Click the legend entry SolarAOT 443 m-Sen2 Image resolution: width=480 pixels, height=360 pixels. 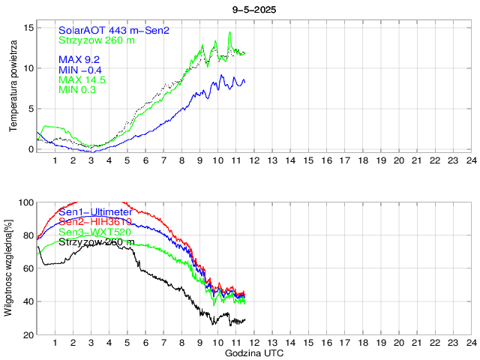pyautogui.click(x=113, y=30)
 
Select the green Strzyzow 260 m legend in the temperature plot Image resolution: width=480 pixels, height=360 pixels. pyautogui.click(x=97, y=40)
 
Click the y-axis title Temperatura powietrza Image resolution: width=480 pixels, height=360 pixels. pyautogui.click(x=13, y=88)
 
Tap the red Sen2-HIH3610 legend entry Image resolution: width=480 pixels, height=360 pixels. pyautogui.click(x=96, y=222)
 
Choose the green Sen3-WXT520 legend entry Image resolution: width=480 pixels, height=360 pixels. pyautogui.click(x=96, y=232)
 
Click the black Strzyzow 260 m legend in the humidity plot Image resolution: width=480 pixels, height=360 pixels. pyautogui.click(x=97, y=242)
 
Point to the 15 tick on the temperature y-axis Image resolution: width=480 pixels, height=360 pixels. pyautogui.click(x=29, y=28)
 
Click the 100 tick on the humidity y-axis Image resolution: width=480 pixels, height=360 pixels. pyautogui.click(x=27, y=202)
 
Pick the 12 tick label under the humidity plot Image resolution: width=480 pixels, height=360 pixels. pyautogui.click(x=254, y=343)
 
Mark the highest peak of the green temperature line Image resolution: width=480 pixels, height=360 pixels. pyautogui.click(x=229, y=32)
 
